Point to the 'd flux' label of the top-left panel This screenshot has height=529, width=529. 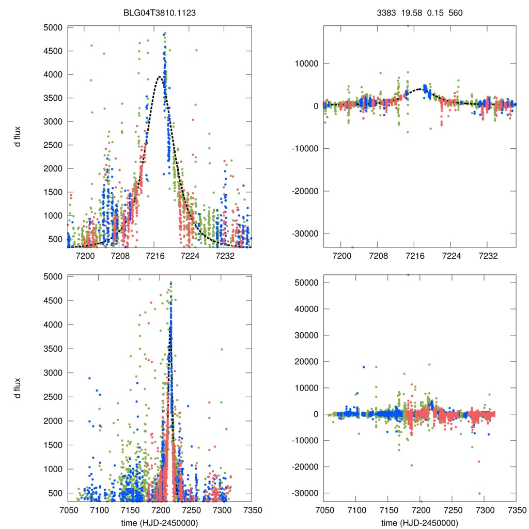pos(18,136)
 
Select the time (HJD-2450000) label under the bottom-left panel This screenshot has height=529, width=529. pos(159,523)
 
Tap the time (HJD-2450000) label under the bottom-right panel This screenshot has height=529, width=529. pos(419,523)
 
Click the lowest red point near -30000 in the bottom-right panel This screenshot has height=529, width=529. pos(480,493)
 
